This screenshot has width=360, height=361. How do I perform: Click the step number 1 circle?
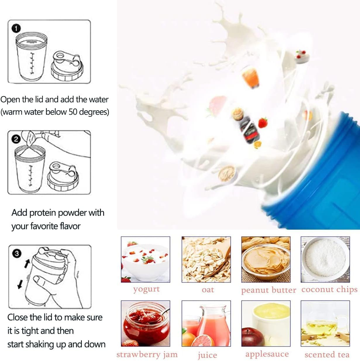point(16,28)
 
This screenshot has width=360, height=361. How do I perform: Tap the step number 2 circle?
point(16,139)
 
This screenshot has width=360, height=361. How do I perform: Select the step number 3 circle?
point(17,254)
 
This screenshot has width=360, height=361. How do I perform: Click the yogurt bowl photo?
point(146,259)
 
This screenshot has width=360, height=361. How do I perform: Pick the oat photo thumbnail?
point(206,259)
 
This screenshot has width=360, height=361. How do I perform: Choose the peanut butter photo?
point(266,259)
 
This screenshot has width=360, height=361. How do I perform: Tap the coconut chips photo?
point(325,259)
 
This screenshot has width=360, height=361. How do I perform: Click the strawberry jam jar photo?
point(146,324)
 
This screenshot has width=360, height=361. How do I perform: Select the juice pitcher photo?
point(206,324)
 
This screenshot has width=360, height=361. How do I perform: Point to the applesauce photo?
point(266,324)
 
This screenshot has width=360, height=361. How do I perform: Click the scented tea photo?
point(325,324)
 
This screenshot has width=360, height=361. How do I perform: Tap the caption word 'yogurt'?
point(147,290)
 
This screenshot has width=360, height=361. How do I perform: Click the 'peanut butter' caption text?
point(269,290)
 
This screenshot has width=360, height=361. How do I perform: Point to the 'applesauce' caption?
point(267,354)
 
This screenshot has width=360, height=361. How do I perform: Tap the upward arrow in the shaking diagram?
point(27,263)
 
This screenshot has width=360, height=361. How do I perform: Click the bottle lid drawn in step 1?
point(67,66)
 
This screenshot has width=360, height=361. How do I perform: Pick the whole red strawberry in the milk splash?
point(263,122)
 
